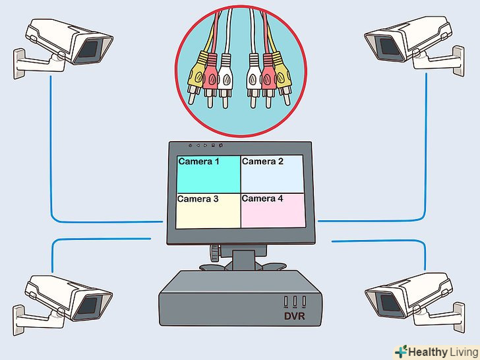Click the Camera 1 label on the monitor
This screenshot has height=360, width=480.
click(x=199, y=162)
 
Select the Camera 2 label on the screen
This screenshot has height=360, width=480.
click(x=262, y=162)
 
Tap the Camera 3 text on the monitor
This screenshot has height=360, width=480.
click(x=198, y=199)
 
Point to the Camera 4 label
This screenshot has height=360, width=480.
click(x=262, y=198)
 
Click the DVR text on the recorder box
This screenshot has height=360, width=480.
click(x=295, y=316)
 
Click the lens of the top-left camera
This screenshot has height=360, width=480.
click(x=89, y=49)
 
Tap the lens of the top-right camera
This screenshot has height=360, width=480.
click(x=389, y=47)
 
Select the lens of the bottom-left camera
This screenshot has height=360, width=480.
click(x=88, y=305)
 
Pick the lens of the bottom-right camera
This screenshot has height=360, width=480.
click(x=389, y=303)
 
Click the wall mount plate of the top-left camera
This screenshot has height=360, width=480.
click(x=18, y=64)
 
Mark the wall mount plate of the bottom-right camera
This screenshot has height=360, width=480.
click(x=459, y=317)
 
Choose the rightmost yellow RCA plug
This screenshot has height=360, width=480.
click(x=282, y=78)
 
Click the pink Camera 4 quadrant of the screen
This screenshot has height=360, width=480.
click(x=274, y=210)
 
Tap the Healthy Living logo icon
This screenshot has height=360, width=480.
click(x=401, y=351)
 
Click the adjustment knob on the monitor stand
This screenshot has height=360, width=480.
click(x=215, y=253)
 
